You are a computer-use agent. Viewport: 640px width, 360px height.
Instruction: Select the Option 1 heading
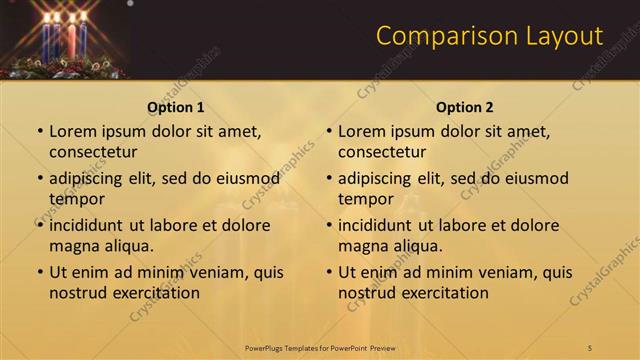176,107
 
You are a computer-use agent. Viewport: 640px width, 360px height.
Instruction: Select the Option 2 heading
465,107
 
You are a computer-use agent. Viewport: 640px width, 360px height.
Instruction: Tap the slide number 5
590,347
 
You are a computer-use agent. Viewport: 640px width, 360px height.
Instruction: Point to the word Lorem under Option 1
72,131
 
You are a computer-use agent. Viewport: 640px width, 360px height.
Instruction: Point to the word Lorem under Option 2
361,131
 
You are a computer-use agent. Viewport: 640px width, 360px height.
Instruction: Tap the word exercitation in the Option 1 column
155,293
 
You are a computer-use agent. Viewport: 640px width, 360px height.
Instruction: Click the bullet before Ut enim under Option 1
40,272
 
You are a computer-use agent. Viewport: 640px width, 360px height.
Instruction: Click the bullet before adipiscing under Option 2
329,178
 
